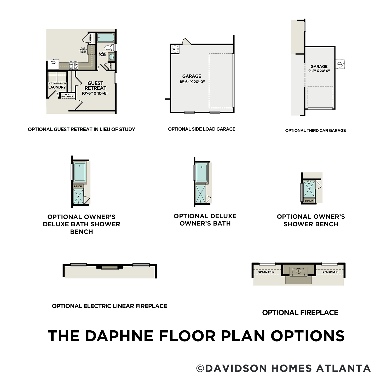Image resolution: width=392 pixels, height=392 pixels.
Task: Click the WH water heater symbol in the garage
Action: (x=175, y=49)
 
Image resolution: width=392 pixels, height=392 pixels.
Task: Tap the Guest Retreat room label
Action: (x=95, y=86)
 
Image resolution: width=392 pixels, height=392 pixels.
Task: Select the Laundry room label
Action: (x=57, y=87)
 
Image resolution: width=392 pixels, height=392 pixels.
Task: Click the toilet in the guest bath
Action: (x=108, y=48)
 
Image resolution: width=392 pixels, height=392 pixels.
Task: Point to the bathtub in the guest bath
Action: (x=106, y=38)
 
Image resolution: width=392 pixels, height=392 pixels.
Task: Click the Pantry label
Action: (x=90, y=38)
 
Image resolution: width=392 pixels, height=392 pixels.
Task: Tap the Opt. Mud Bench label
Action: (x=67, y=96)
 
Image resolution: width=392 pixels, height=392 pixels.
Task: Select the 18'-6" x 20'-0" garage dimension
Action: (x=192, y=82)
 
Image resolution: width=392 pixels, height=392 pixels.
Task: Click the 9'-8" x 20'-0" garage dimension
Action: (x=319, y=71)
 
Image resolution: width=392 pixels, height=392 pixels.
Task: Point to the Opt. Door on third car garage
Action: (x=339, y=64)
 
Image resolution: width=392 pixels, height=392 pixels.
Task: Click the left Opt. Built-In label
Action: (x=266, y=272)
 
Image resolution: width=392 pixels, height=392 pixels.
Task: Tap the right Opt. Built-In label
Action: (x=330, y=272)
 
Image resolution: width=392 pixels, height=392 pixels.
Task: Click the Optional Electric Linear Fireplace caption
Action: (x=109, y=306)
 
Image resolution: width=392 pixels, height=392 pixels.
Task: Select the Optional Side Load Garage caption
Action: (x=201, y=129)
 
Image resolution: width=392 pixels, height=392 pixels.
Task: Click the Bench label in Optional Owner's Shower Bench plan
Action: (x=309, y=200)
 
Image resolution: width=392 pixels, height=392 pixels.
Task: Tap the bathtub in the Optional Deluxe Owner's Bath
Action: (x=202, y=172)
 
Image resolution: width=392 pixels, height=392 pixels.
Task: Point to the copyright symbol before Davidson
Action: (x=200, y=368)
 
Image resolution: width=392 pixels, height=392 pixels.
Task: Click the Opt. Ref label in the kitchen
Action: (x=53, y=63)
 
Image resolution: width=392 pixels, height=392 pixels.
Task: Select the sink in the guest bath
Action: (x=112, y=57)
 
